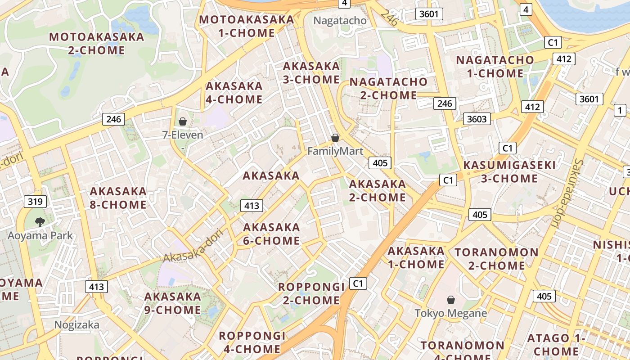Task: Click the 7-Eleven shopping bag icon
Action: [183, 121]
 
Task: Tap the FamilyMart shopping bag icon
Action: [335, 138]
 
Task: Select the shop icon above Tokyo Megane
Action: [450, 300]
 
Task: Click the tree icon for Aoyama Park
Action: [40, 221]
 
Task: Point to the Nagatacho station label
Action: [340, 21]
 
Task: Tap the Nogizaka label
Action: [76, 324]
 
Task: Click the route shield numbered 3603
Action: [477, 119]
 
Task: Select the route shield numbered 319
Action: [36, 201]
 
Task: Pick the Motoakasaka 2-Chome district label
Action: [97, 43]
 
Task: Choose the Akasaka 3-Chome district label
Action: [311, 73]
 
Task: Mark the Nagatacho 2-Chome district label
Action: [388, 88]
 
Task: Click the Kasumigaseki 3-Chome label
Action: [509, 171]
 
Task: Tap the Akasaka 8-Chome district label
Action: [118, 198]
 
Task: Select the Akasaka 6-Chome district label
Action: [271, 234]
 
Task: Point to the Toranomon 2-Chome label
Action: [496, 259]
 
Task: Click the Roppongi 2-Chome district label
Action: [311, 293]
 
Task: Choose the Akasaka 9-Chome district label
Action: [172, 303]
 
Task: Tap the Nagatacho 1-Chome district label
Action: [495, 66]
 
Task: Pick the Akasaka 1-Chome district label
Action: [416, 257]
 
